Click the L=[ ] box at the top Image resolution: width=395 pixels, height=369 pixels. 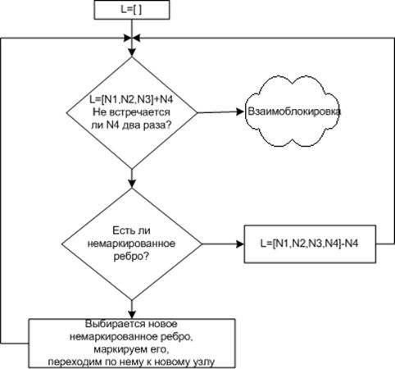132,10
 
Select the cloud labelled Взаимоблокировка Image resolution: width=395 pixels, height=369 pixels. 293,112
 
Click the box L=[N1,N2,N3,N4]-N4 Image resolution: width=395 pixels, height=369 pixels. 310,244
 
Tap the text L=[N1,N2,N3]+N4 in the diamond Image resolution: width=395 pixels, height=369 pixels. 131,99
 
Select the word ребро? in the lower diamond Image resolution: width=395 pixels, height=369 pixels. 131,257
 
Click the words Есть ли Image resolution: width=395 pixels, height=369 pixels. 131,230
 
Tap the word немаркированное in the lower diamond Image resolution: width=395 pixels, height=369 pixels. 131,244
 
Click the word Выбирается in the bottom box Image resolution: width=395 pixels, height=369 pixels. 115,324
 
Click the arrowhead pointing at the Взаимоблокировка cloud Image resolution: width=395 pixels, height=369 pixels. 240,112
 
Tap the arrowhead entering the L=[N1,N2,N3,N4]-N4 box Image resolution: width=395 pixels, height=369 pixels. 240,244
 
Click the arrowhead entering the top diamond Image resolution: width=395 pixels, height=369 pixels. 132,52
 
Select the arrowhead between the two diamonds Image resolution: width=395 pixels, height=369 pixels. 132,184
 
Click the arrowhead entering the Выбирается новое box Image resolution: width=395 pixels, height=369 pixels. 132,315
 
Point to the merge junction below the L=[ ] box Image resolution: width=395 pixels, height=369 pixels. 132,39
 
